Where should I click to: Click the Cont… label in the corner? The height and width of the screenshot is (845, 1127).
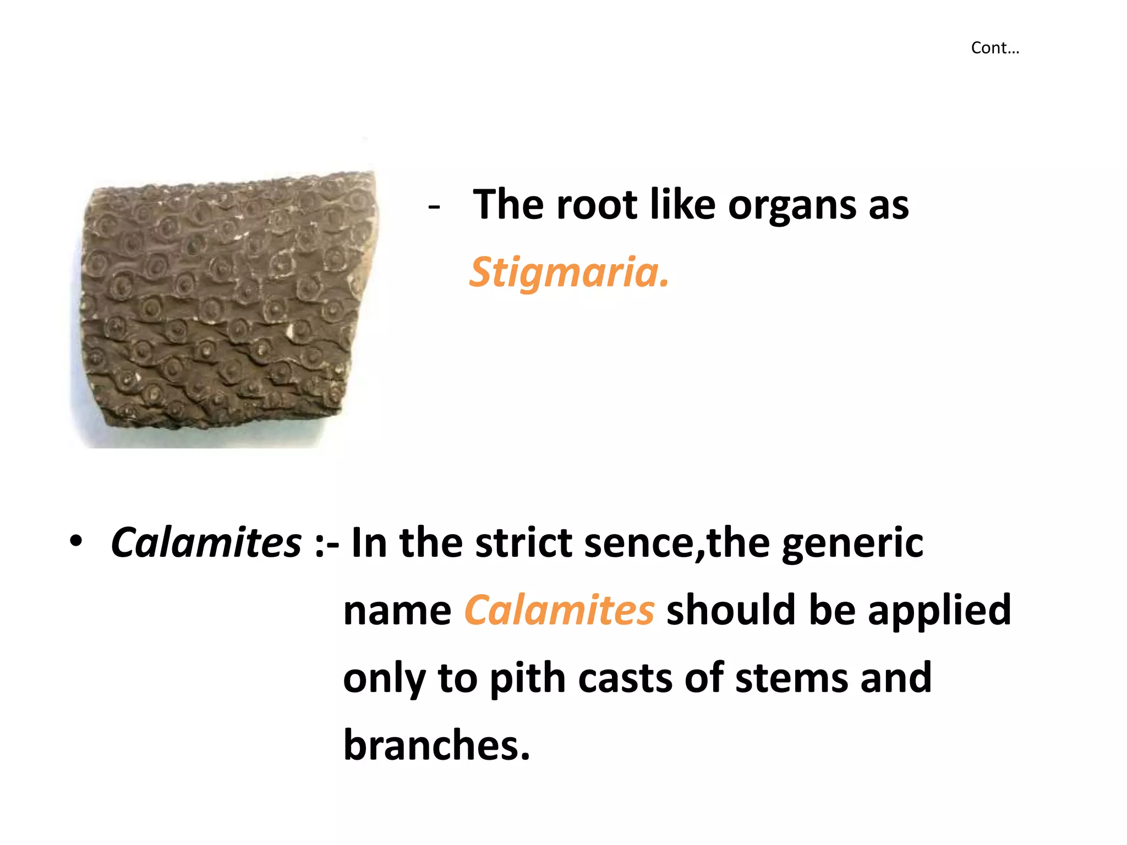tap(995, 48)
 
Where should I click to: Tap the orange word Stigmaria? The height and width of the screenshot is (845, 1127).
tap(569, 272)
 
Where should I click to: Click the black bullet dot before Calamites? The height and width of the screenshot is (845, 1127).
tap(76, 541)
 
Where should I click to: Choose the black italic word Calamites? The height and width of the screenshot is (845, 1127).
tap(206, 542)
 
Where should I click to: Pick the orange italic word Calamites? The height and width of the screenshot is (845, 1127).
tap(559, 610)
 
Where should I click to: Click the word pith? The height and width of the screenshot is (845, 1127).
tap(527, 679)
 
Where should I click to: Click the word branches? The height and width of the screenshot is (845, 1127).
tap(436, 745)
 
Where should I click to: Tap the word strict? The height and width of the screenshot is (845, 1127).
tap(523, 542)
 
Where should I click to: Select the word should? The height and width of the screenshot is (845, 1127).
tap(730, 610)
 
